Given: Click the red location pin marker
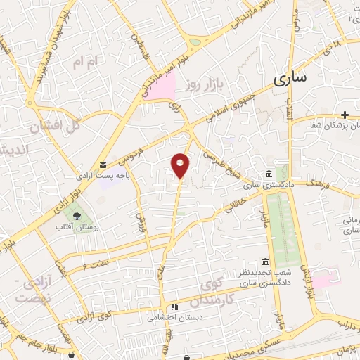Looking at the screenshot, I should [181, 166].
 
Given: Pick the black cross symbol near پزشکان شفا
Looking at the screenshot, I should [345, 115].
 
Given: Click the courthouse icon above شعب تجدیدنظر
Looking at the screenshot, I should [265, 262].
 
